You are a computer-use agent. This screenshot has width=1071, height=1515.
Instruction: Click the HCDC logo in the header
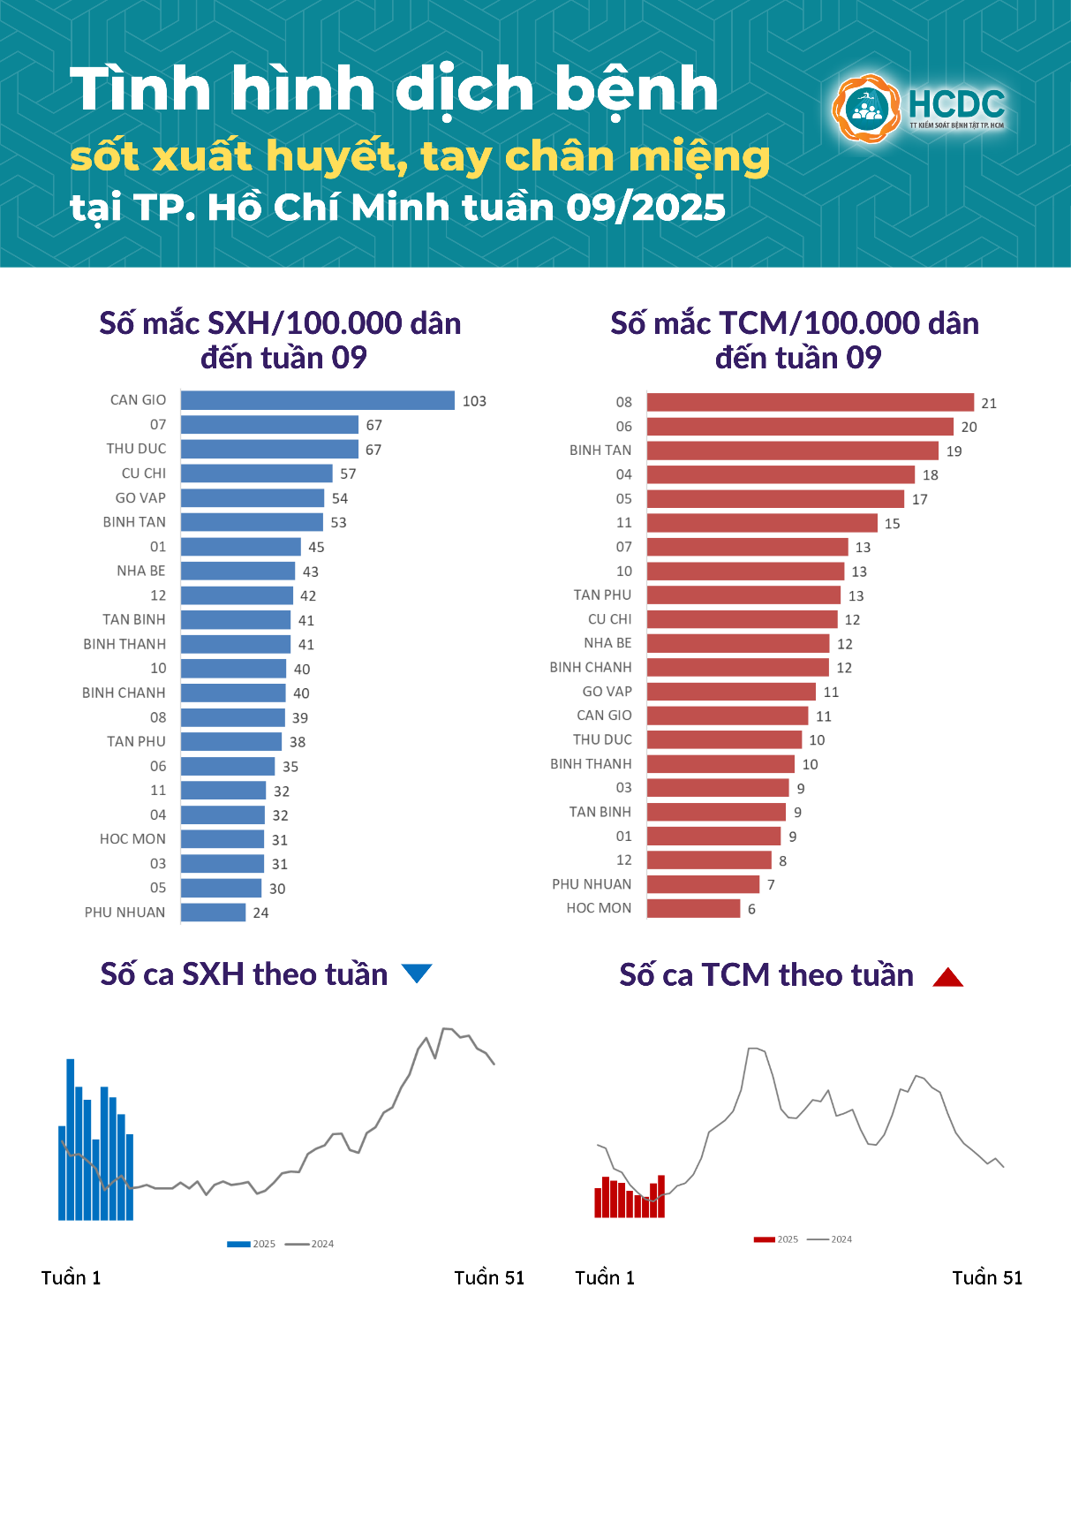click(918, 109)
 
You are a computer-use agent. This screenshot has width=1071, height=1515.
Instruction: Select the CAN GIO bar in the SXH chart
click(318, 401)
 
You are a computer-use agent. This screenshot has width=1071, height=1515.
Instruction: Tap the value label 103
click(474, 401)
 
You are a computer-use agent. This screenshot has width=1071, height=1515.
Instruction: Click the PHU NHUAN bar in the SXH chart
click(213, 913)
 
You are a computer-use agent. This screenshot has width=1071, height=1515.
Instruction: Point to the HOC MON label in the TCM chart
click(599, 908)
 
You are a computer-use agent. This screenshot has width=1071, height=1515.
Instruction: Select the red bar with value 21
click(810, 403)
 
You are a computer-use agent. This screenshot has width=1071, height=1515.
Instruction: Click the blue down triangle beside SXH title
click(417, 973)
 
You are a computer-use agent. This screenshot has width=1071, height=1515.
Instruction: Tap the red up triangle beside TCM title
click(947, 977)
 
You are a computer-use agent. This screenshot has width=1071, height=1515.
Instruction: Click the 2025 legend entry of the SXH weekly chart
click(252, 1244)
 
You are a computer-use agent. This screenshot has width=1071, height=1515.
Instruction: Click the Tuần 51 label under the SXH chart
click(489, 1278)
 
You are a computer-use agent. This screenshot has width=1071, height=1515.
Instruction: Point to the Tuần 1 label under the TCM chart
click(605, 1278)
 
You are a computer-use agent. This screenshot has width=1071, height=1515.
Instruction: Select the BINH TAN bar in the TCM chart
click(792, 451)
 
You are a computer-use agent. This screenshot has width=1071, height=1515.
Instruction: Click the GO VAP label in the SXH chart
click(140, 498)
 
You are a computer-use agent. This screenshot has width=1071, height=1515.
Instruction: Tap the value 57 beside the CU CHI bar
click(348, 474)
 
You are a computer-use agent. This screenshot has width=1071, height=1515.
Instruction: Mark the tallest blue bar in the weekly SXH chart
click(71, 1140)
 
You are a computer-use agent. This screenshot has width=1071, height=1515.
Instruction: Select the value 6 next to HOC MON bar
click(751, 909)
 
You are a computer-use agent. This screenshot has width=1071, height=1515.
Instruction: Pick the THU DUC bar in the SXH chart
click(269, 450)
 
